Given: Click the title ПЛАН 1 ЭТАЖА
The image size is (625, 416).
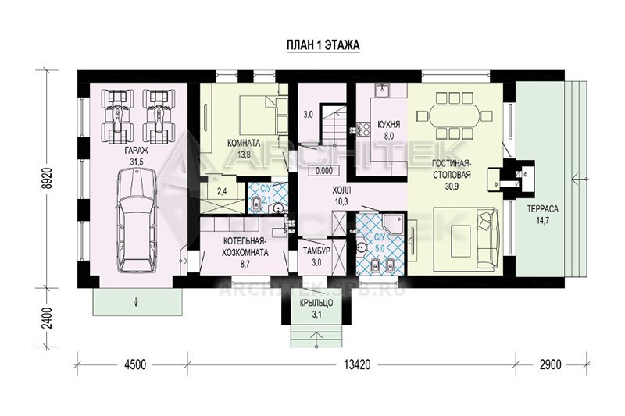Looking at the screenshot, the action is pyautogui.click(x=323, y=45).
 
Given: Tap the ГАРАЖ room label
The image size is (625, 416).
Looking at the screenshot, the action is pyautogui.click(x=136, y=151).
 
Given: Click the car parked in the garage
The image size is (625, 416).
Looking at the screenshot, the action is pyautogui.click(x=136, y=220).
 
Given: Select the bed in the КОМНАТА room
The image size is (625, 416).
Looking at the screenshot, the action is pyautogui.click(x=263, y=115).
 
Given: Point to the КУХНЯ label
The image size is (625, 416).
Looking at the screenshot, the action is pyautogui.click(x=388, y=125).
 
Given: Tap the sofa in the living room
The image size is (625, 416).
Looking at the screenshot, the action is pyautogui.click(x=487, y=239).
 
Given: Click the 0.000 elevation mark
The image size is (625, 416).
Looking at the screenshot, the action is pyautogui.click(x=323, y=171).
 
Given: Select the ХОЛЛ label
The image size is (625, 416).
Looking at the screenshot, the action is pyautogui.click(x=341, y=190).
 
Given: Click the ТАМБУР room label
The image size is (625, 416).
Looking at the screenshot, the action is pyautogui.click(x=316, y=251).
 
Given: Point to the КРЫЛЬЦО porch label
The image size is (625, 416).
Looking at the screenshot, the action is pyautogui.click(x=316, y=304).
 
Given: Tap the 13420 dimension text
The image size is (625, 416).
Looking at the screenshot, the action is pyautogui.click(x=357, y=364).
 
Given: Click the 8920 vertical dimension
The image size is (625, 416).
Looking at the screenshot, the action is pyautogui.click(x=48, y=177).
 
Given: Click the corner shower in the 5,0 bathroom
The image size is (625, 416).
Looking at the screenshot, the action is pyautogui.click(x=392, y=225).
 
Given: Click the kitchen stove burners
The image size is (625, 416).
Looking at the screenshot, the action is pyautogui.click(x=363, y=130).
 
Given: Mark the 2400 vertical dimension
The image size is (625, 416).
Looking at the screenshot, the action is pyautogui.click(x=48, y=318).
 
